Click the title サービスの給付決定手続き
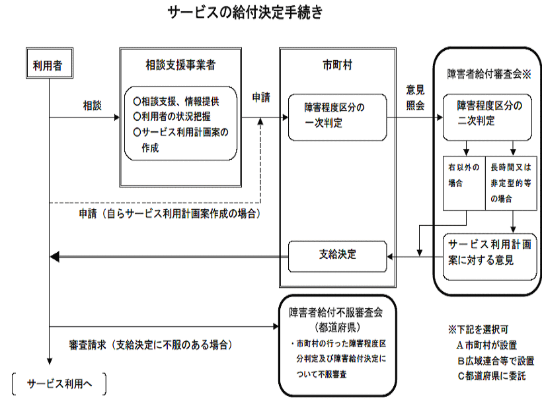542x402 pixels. point(245,13)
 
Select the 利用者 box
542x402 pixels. point(50,63)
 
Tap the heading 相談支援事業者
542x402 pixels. point(180,65)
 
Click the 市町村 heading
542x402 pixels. point(337,65)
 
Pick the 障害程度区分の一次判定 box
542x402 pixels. point(337,117)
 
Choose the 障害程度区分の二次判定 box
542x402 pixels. point(487,117)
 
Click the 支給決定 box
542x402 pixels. point(337,256)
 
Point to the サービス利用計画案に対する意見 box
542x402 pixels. point(490,257)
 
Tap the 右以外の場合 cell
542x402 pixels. point(464,184)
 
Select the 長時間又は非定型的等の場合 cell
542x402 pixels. point(511,184)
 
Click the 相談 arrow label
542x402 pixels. point(93,106)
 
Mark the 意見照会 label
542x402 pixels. point(415,98)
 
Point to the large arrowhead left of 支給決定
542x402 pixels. point(55,257)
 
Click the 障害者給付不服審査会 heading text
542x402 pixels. point(336,313)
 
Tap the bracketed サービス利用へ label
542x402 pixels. point(59,384)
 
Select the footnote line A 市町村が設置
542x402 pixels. point(486,345)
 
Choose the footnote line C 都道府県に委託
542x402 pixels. point(492,376)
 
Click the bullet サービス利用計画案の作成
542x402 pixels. point(181,140)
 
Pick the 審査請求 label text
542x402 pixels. point(87,345)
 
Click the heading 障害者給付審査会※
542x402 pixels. point(488,74)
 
